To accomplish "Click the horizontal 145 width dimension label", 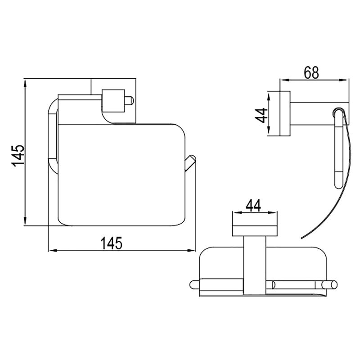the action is pyautogui.click(x=112, y=243).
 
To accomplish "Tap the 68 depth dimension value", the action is pyautogui.click(x=311, y=73).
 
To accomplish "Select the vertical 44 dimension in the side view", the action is pyautogui.click(x=261, y=116).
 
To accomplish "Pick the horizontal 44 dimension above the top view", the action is pyautogui.click(x=253, y=206).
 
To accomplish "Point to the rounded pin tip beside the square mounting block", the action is pyautogui.click(x=130, y=101).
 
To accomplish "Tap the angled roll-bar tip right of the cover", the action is pyautogui.click(x=190, y=163).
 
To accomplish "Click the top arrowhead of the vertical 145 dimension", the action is pyautogui.click(x=25, y=84).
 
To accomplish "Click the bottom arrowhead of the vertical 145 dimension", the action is pyautogui.click(x=25, y=221).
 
